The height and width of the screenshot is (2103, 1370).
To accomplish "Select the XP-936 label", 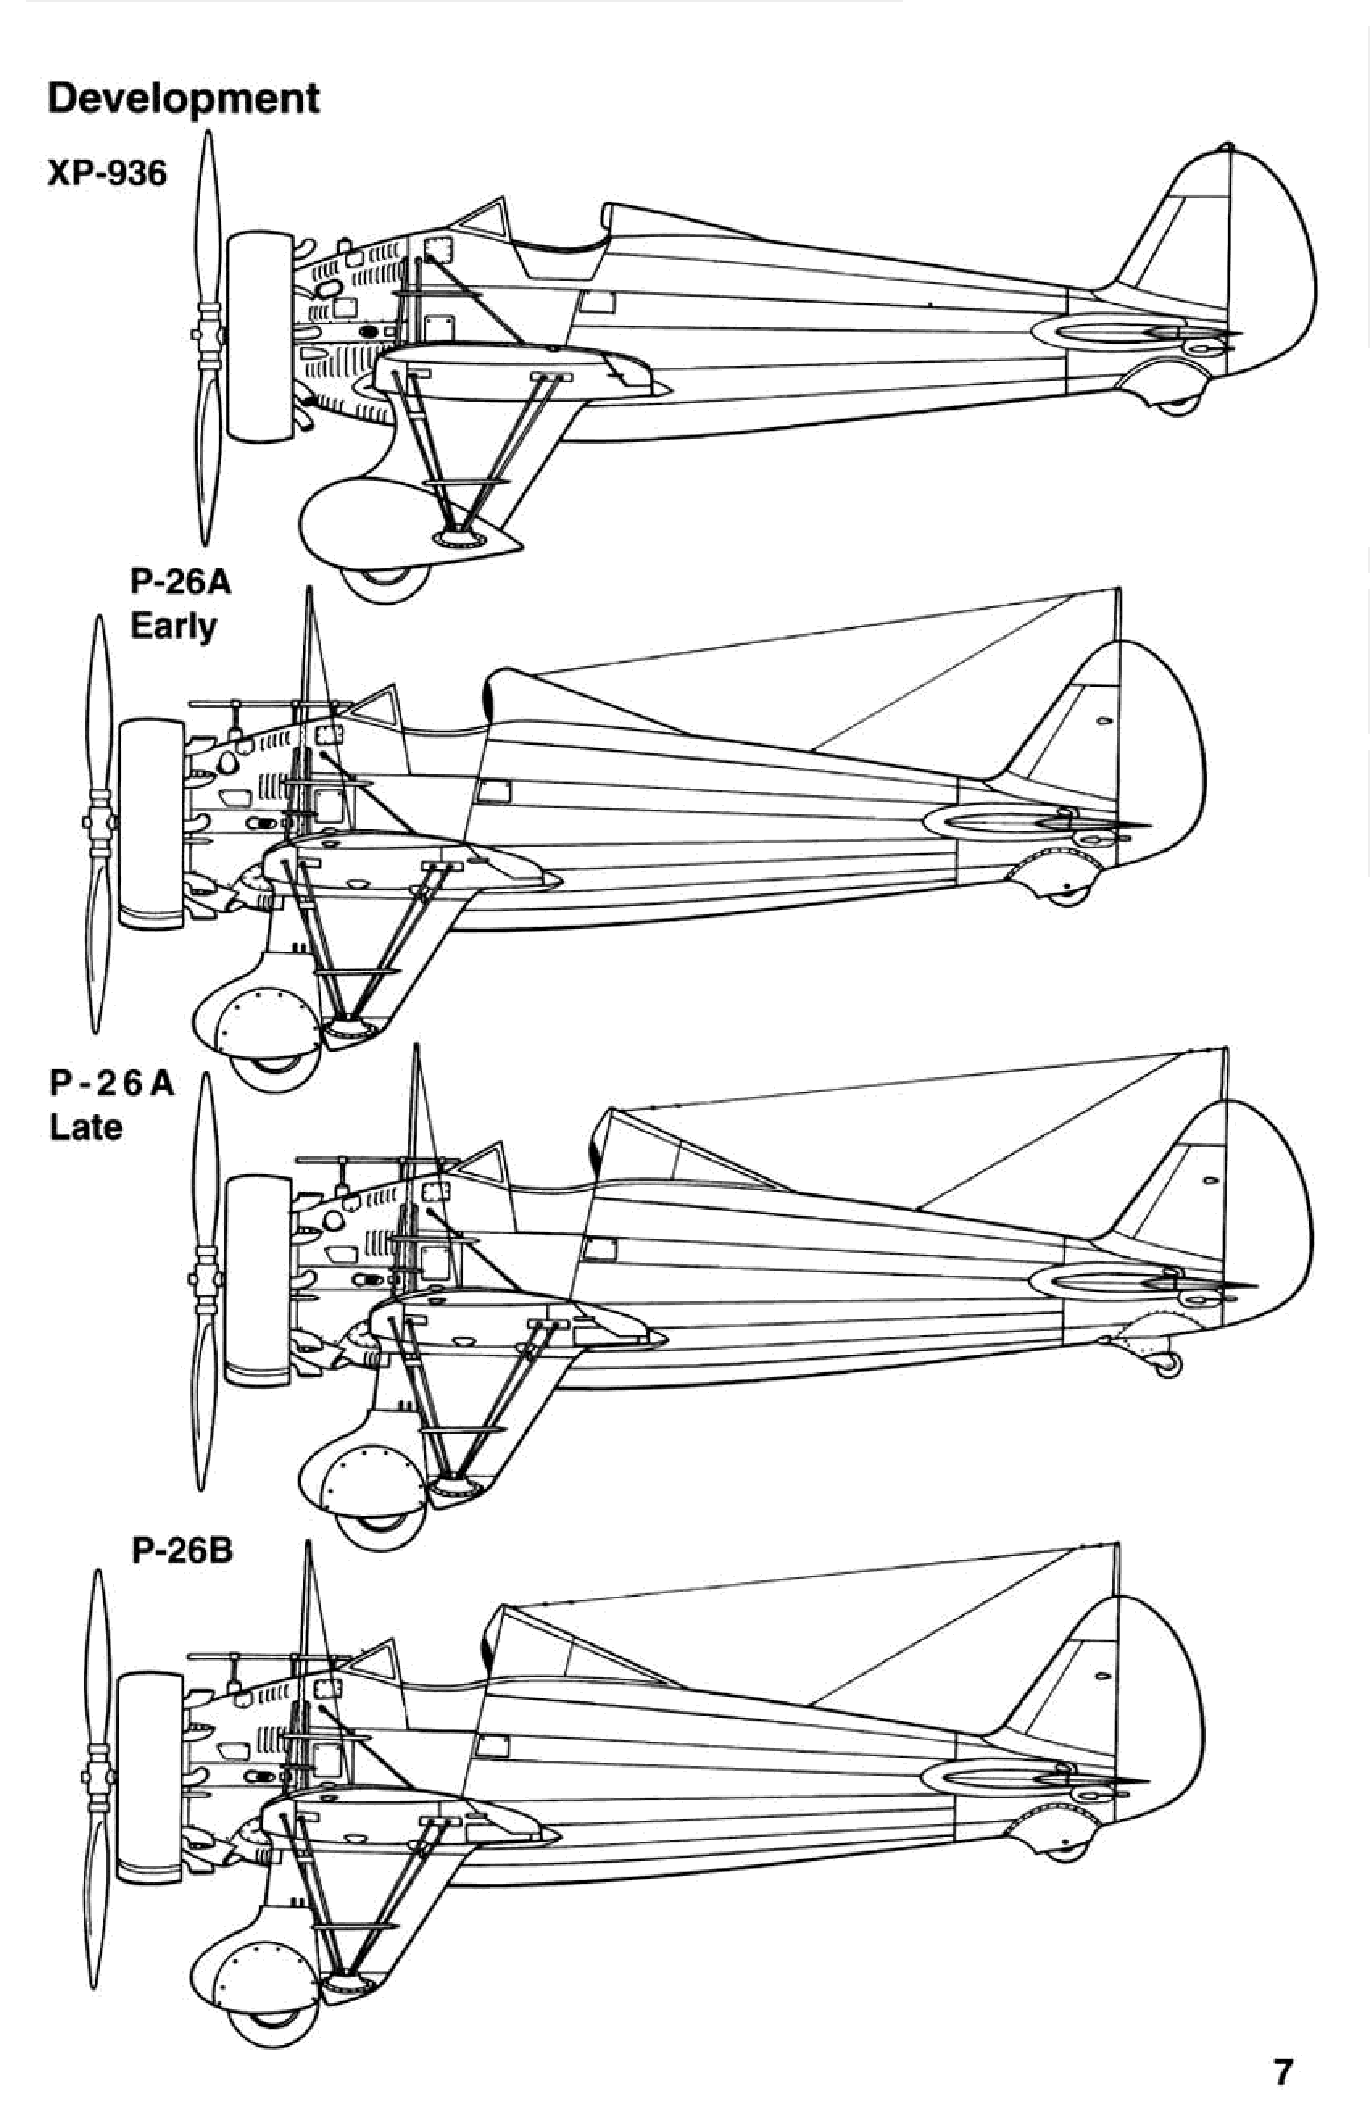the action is (x=106, y=174).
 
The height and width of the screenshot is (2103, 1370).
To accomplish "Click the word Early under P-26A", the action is (x=173, y=627).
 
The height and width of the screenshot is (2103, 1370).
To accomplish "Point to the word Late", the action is (x=85, y=1127).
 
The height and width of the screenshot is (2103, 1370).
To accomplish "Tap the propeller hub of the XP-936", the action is (x=209, y=335).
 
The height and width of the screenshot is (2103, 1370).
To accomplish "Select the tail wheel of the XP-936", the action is (x=1177, y=406).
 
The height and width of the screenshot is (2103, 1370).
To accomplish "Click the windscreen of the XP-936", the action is (x=484, y=219).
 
